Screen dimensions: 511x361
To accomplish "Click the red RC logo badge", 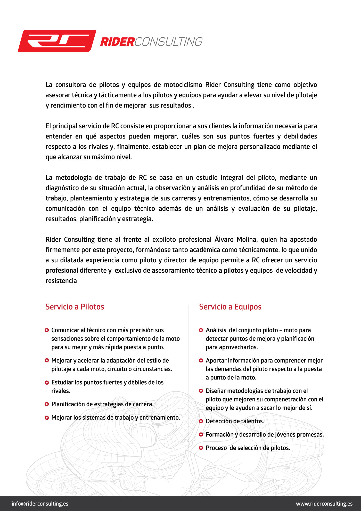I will coord(57,41).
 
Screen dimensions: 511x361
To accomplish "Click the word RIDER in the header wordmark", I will coord(117,42).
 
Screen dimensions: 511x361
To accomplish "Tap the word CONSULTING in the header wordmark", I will coord(168,42).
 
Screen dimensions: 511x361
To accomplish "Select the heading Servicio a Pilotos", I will coord(75,307).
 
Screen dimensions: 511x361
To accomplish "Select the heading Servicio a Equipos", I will coord(230,307).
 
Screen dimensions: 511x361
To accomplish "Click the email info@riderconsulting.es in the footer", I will coord(40,504).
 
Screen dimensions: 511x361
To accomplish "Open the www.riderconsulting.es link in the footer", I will coord(324,504).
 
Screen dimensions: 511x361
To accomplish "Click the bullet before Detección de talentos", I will coord(201,421).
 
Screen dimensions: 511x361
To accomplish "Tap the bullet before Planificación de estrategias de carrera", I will coord(47,404).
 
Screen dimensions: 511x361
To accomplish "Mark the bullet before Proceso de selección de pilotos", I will coord(201,448).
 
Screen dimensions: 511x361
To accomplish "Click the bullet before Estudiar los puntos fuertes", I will coord(47,383).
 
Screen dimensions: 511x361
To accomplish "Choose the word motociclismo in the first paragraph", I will coord(183,85).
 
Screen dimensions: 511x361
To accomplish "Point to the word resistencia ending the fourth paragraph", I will coord(61,281).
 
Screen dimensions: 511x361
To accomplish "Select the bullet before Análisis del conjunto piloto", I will coord(201,330).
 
